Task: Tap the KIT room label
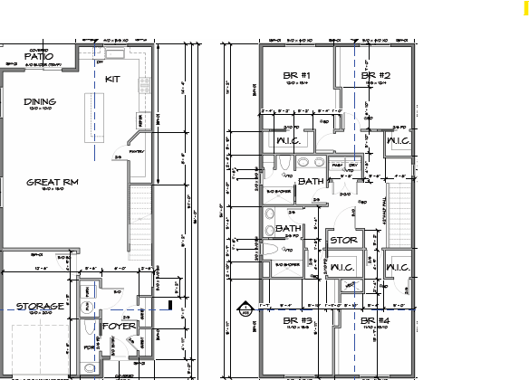[x=113, y=80]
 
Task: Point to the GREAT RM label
[x=53, y=182]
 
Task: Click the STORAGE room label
[x=40, y=306]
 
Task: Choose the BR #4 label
[x=374, y=321]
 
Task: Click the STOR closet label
[x=342, y=241]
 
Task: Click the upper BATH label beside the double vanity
[x=311, y=182]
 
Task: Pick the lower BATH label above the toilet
[x=289, y=228]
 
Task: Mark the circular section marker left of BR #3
[x=241, y=305]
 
